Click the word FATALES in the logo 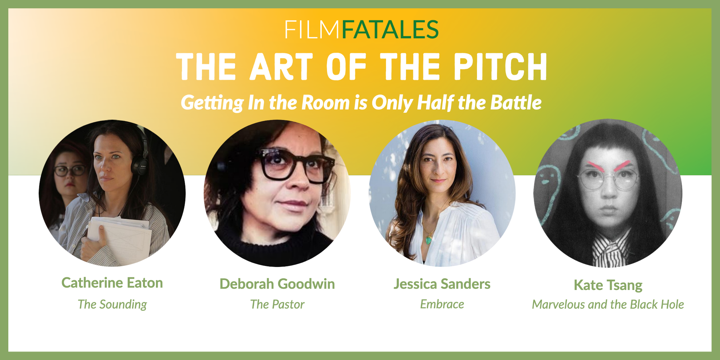[x=390, y=29]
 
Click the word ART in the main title [x=281, y=67]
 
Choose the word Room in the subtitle [x=325, y=102]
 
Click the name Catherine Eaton [x=112, y=283]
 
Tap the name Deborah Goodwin [x=277, y=284]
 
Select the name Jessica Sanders [x=442, y=284]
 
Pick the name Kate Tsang [x=608, y=285]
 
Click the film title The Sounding [x=112, y=304]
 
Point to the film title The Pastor [x=277, y=304]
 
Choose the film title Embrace [x=442, y=304]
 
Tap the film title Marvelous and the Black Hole [x=608, y=304]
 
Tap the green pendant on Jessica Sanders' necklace [x=429, y=239]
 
